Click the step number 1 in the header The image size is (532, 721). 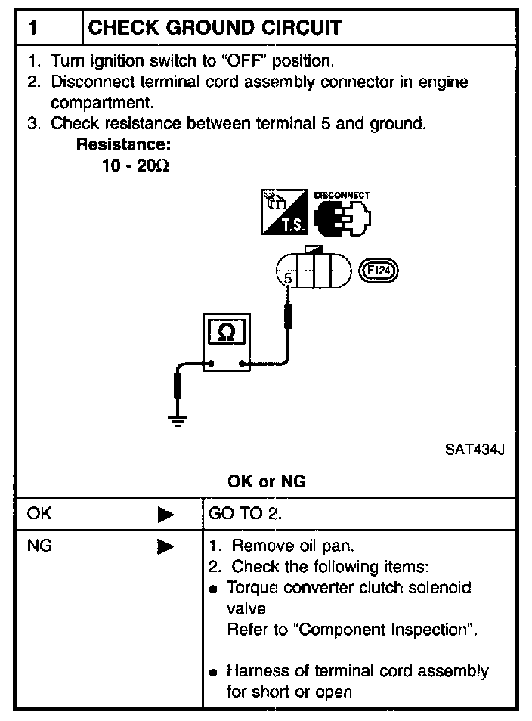[x=33, y=28]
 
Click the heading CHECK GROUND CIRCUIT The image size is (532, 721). [x=215, y=28]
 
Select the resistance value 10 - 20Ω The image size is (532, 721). [x=135, y=165]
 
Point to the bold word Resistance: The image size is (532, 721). [x=123, y=144]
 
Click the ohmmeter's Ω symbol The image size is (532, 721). [x=225, y=333]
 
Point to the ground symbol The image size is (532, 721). [x=178, y=420]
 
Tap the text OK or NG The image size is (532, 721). [x=266, y=481]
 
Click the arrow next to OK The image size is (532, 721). [x=165, y=515]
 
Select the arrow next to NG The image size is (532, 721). [x=165, y=546]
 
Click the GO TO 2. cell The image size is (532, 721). [x=245, y=514]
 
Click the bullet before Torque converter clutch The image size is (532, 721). [x=214, y=589]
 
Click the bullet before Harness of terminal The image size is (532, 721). [x=214, y=672]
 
